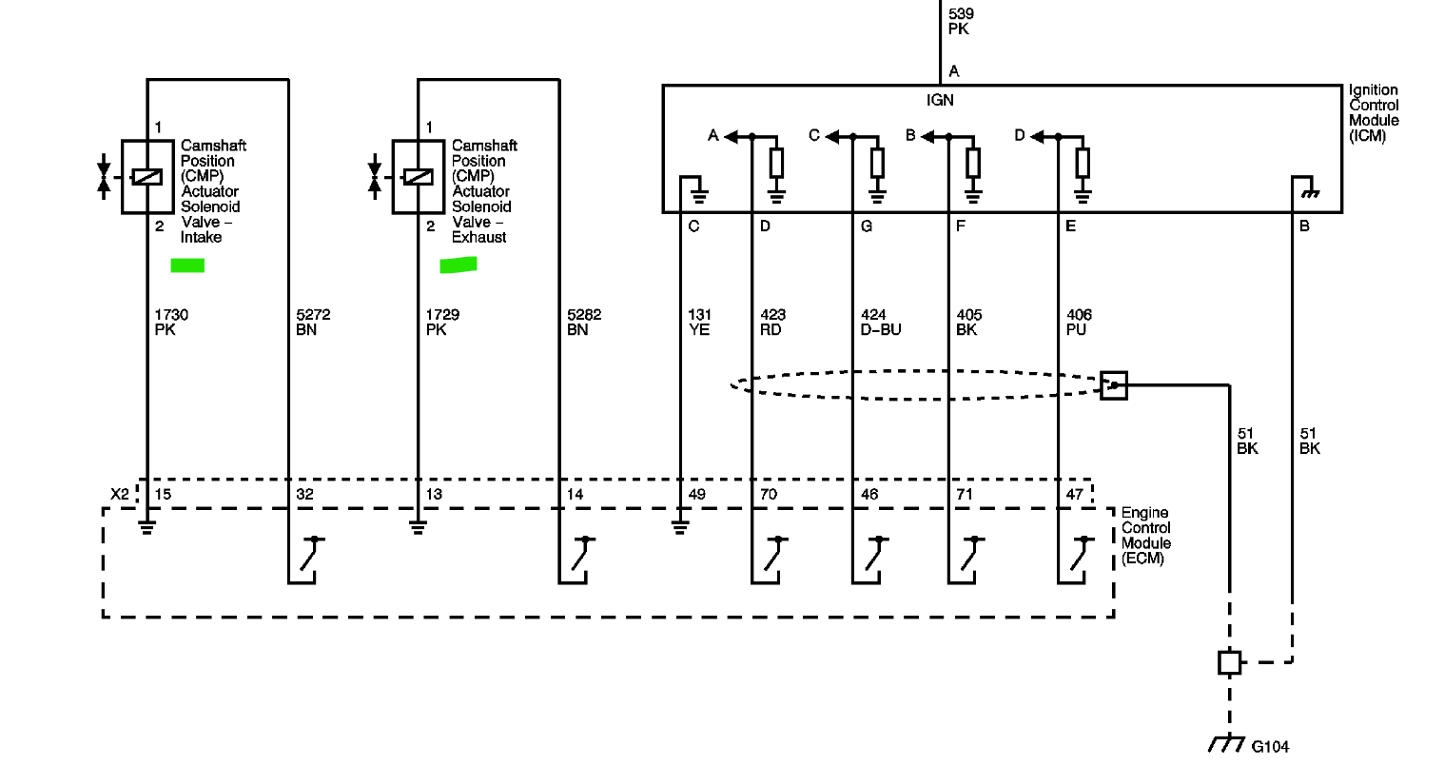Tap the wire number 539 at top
coord(961,14)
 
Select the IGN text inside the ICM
coord(940,100)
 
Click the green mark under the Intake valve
coord(187,265)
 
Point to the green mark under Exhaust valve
coord(458,265)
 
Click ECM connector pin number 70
coord(769,494)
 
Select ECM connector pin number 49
coord(697,494)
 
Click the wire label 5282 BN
coord(584,322)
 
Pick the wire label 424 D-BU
coord(880,322)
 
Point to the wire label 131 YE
coord(699,322)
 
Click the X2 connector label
coord(119,494)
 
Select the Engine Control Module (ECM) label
coord(1146,536)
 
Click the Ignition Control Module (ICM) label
coord(1374,113)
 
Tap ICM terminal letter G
coord(866,226)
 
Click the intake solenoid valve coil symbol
coord(146,177)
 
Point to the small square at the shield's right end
coord(1114,385)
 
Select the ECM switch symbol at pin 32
coord(310,555)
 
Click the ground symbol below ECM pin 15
coord(146,526)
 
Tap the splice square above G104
coord(1230,661)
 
